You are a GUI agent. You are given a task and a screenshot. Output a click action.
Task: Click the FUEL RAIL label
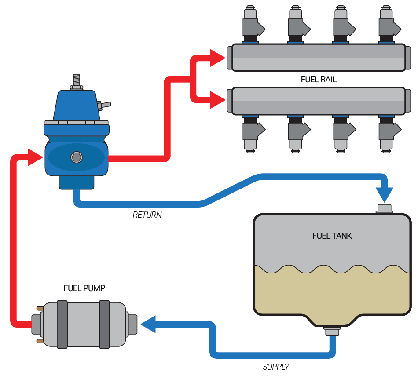point(319,80)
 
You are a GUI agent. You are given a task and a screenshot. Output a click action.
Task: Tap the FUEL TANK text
point(332,236)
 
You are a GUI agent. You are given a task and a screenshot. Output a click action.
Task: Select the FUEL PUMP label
point(84,288)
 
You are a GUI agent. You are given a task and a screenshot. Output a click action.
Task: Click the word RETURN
point(147,215)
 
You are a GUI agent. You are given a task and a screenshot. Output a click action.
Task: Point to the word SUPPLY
point(276,367)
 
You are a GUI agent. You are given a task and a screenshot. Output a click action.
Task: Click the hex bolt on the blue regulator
point(77,157)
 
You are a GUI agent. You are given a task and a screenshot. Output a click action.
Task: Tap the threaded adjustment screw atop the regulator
point(77,80)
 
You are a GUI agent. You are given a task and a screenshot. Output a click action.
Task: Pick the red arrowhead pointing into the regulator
point(35,157)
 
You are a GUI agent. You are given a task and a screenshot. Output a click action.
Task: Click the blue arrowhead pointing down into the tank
point(385,194)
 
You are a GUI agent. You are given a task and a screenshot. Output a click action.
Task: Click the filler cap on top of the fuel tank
point(385,209)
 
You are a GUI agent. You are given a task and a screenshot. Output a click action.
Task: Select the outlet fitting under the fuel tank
point(332,330)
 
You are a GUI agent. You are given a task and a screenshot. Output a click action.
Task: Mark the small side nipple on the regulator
point(105,105)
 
